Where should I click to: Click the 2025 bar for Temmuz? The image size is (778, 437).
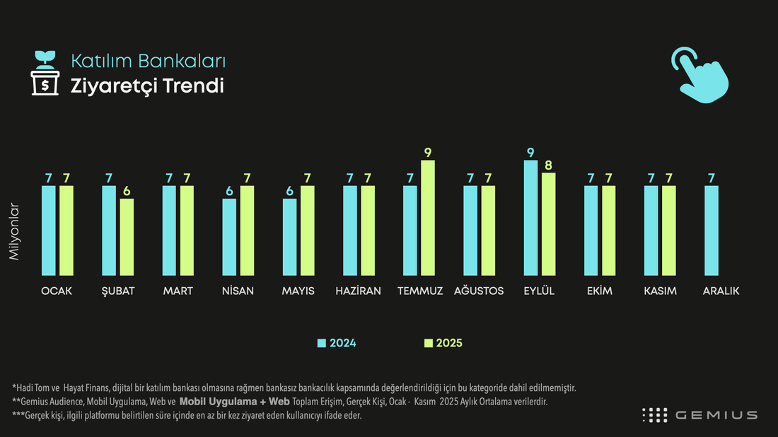pos(428,218)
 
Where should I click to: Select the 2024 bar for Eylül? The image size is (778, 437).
pos(530,218)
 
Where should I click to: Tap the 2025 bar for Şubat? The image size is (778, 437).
pos(127,237)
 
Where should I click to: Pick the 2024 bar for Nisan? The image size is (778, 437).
pos(229,237)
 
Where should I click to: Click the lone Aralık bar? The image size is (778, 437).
pos(711,231)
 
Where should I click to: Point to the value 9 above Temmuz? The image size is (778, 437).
pos(428,153)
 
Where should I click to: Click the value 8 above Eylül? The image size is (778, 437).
pos(548,165)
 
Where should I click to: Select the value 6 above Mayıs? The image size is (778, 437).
pos(290,192)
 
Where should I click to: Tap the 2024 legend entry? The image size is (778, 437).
pos(337,343)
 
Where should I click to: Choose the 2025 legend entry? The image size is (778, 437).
pos(443,343)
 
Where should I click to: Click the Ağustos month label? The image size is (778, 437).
pos(479,291)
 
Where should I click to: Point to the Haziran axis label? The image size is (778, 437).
pos(359,291)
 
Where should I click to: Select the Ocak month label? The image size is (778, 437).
pos(57,291)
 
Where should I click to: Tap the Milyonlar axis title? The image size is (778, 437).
pos(14,231)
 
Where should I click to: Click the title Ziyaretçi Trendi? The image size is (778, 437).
pos(147,86)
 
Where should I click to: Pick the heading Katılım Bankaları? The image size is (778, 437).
pos(149,61)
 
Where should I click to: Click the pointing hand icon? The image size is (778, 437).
pos(700,76)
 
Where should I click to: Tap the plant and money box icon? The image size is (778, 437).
pos(45,73)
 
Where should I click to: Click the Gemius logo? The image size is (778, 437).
pos(699,415)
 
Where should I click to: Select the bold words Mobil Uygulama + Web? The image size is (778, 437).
pos(235,402)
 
